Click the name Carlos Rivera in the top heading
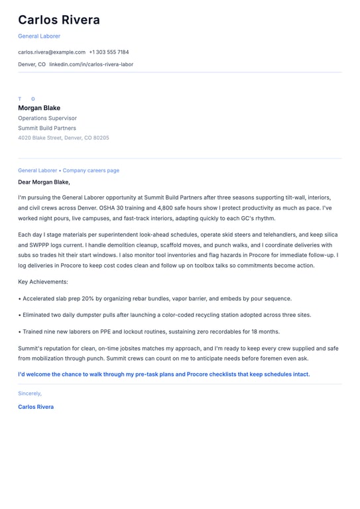[59, 20]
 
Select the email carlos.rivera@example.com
[52, 52]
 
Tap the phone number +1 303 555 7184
[109, 52]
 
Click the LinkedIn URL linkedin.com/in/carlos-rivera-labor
[91, 64]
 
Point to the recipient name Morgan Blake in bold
[39, 108]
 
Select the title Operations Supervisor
[47, 118]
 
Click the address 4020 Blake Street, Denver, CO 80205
[64, 138]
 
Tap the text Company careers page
[91, 170]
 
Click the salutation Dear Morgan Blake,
[44, 182]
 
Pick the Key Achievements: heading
[43, 282]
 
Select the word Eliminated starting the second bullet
[38, 315]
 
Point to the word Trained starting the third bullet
[33, 331]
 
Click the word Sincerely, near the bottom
[30, 393]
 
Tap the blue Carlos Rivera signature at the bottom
[36, 406]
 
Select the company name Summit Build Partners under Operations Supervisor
[47, 128]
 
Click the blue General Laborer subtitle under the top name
[39, 36]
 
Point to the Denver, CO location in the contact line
[32, 64]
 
